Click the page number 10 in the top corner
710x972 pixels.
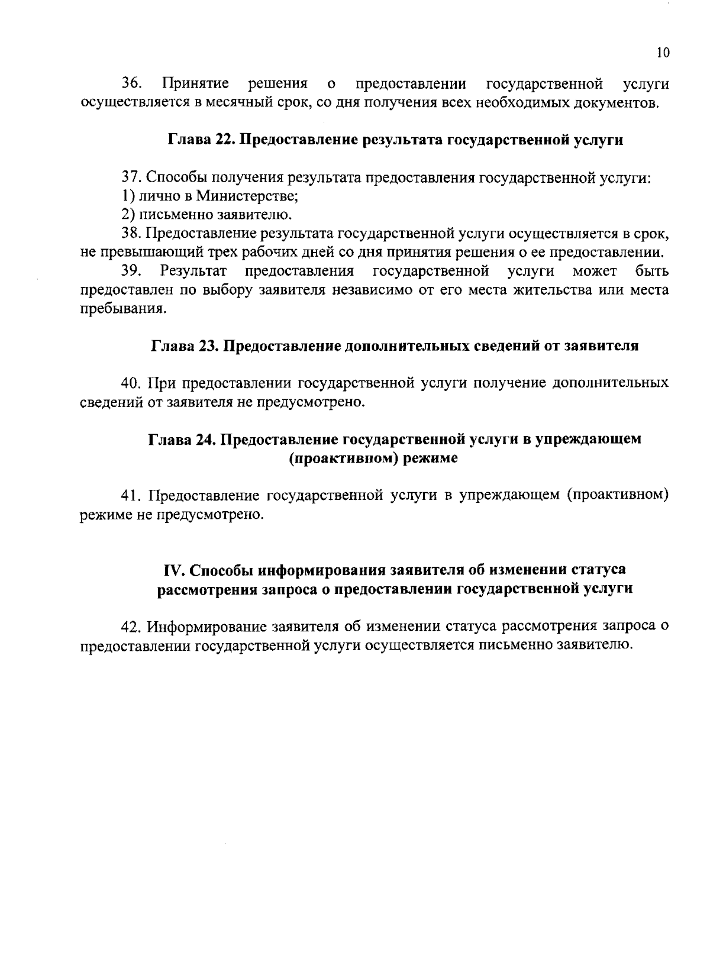click(663, 53)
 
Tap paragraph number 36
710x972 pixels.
click(131, 83)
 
